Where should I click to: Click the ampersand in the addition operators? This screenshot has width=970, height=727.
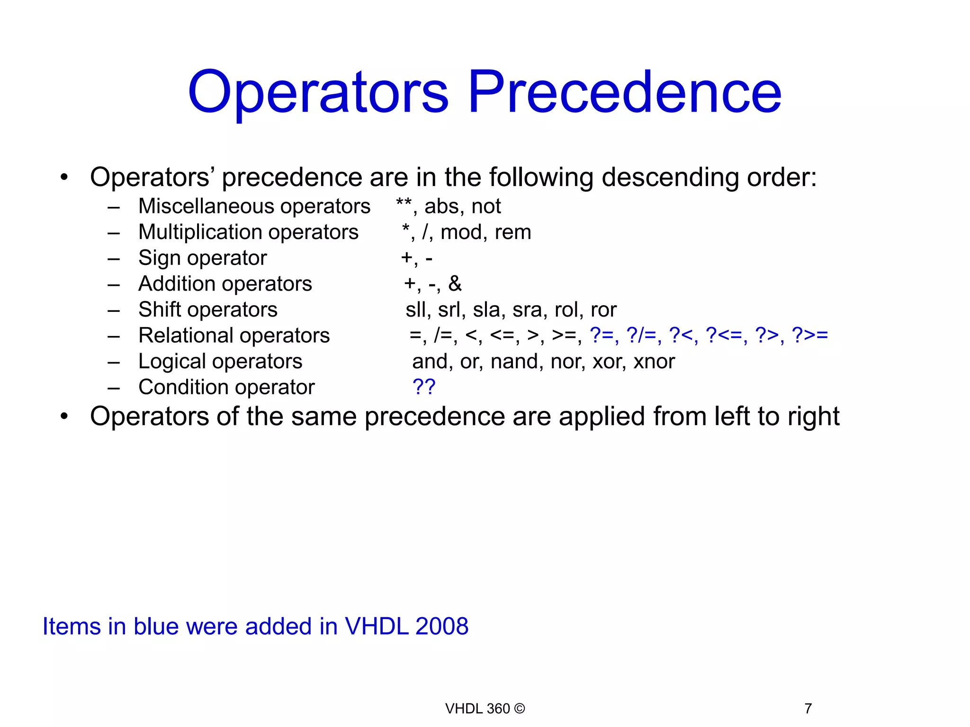pos(455,284)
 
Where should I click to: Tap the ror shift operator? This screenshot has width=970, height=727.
pos(603,310)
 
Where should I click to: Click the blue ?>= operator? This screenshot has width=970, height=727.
pos(810,335)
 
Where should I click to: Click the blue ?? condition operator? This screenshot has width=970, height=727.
pos(424,387)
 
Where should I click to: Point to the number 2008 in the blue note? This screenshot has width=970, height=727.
pos(441,626)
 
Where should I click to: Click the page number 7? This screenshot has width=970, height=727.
pos(808,709)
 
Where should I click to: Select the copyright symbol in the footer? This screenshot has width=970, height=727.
pos(519,709)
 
